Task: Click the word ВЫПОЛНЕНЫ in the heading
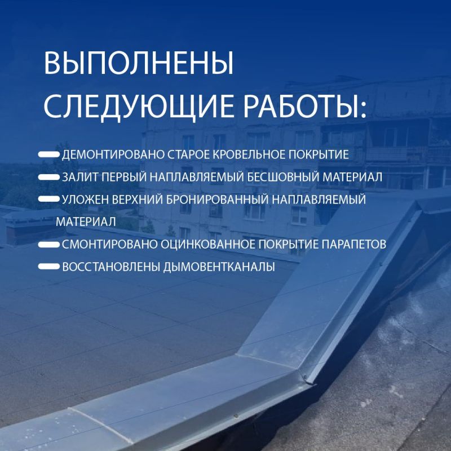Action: click(138, 63)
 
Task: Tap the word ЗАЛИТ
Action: click(80, 177)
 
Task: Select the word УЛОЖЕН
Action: click(85, 200)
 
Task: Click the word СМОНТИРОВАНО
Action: click(109, 245)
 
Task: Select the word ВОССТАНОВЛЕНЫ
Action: click(111, 267)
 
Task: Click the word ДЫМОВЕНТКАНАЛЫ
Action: click(219, 267)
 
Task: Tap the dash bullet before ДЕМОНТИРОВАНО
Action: click(49, 154)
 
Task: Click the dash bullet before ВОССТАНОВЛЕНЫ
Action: click(49, 267)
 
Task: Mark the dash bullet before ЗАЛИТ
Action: click(49, 177)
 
